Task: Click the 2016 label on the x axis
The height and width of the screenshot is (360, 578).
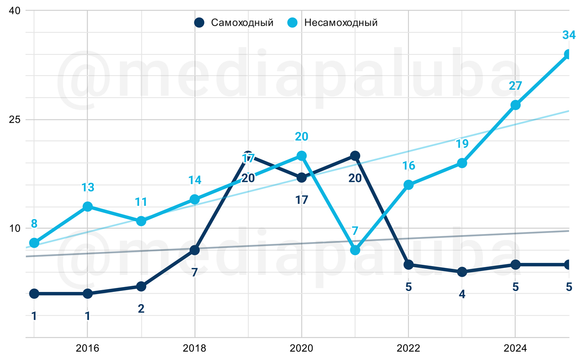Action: [88, 348]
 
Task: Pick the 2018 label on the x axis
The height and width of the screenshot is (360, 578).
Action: [194, 348]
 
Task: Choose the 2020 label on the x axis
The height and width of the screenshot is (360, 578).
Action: [301, 348]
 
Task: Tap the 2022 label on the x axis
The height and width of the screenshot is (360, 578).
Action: [408, 348]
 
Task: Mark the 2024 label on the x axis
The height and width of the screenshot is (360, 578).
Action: [515, 348]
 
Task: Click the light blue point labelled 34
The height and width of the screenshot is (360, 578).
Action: [569, 54]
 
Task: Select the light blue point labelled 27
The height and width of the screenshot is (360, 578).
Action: [515, 105]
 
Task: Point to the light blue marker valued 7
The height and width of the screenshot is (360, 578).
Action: [355, 250]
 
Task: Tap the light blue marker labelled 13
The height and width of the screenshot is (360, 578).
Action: [88, 206]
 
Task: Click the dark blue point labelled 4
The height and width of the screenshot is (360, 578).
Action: [462, 272]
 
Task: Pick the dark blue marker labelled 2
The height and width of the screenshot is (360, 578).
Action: [141, 286]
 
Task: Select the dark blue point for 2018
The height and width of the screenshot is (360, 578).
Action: [194, 250]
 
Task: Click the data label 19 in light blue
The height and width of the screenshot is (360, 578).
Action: [462, 144]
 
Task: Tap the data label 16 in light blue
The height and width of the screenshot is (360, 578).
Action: [409, 166]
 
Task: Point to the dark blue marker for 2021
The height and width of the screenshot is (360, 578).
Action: [355, 156]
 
